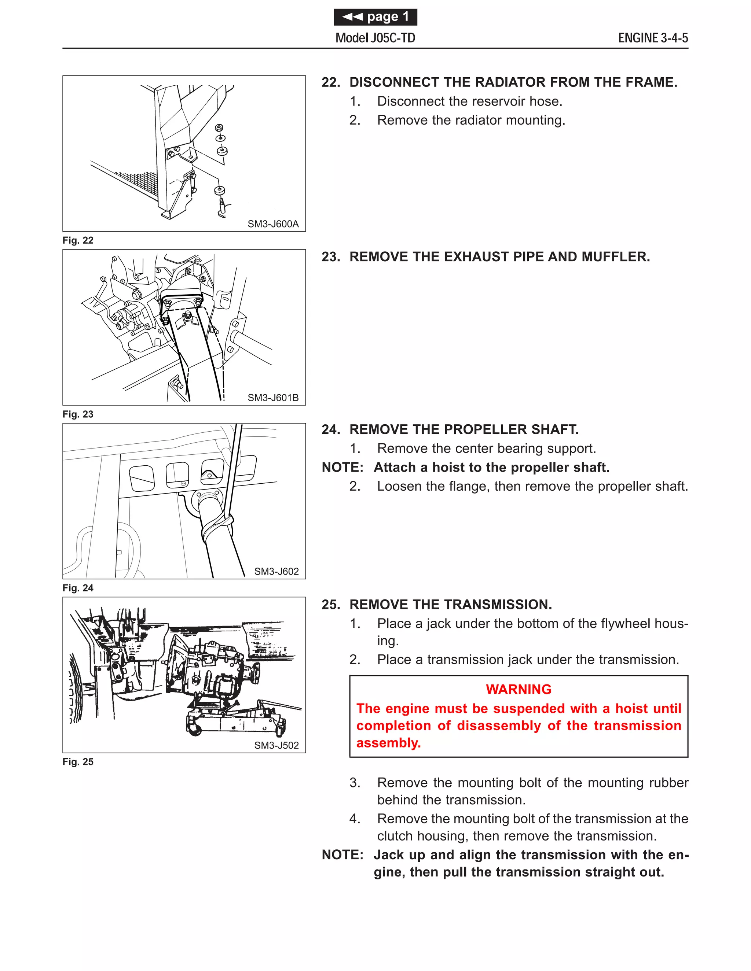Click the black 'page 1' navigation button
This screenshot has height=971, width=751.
click(x=375, y=17)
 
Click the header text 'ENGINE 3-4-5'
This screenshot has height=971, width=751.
click(x=653, y=38)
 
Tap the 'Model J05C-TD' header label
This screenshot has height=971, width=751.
click(x=375, y=38)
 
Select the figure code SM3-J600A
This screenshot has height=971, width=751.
click(x=273, y=224)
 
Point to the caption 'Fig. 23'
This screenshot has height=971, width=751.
click(x=78, y=414)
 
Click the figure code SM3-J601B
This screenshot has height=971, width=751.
click(x=273, y=398)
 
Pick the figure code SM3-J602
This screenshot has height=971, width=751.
click(x=276, y=571)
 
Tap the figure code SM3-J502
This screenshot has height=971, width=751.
click(x=276, y=745)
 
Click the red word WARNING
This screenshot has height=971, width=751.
click(x=518, y=689)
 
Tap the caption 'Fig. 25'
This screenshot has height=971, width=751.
click(x=78, y=762)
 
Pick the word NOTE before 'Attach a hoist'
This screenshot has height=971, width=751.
click(x=342, y=467)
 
